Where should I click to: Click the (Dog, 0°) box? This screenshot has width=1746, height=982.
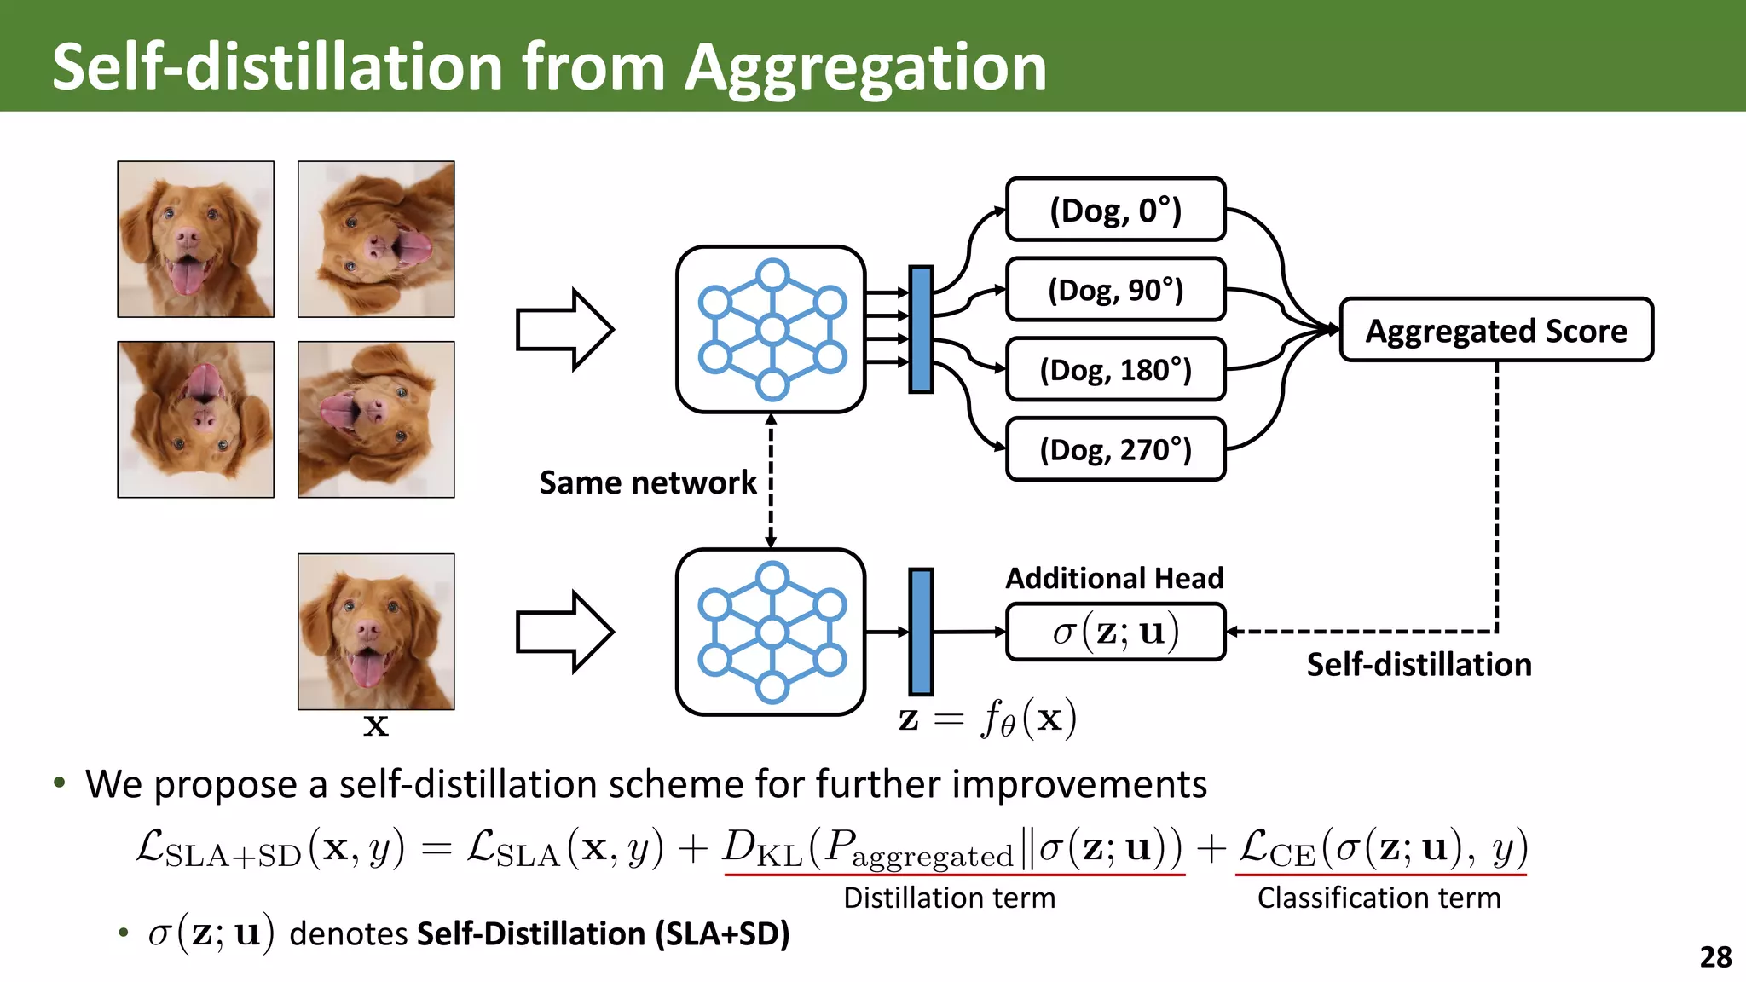(x=1115, y=210)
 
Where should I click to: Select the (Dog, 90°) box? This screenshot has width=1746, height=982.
(x=1115, y=290)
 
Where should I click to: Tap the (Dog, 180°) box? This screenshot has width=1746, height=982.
(x=1115, y=370)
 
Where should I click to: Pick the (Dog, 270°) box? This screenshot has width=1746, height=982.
(x=1115, y=449)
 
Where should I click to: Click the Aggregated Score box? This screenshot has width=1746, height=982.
(x=1496, y=330)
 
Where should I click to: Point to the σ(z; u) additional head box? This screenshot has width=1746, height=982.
(x=1115, y=632)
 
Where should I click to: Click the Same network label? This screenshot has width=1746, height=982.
(x=647, y=482)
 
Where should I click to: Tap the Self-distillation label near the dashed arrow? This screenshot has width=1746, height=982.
(x=1419, y=664)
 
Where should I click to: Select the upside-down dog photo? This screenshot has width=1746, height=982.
(x=196, y=419)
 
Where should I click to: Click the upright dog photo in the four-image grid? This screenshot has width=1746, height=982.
(x=196, y=240)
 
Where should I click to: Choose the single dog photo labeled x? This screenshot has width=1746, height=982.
(x=376, y=632)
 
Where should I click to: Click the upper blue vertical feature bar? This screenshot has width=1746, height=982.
(x=921, y=330)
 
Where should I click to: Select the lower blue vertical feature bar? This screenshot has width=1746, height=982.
(x=921, y=632)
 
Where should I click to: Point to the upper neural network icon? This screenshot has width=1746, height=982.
(x=771, y=330)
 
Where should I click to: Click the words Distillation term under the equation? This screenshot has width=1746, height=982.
(x=949, y=898)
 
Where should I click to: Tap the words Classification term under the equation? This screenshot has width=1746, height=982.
(x=1379, y=898)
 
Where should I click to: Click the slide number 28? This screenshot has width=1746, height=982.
(x=1715, y=957)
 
